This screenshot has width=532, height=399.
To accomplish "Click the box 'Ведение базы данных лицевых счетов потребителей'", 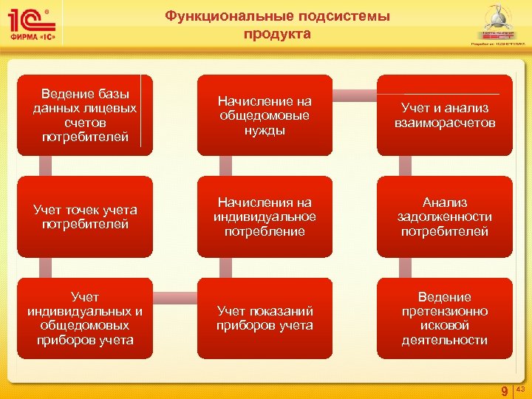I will pos(85,115).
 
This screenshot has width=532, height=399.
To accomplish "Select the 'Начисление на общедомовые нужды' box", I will pos(265,115).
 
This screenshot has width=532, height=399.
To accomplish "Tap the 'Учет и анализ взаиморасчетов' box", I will pos(444,115).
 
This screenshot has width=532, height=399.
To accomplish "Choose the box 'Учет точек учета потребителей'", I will pos(85,216).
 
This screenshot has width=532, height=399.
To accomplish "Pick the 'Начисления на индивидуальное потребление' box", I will pos(265,216).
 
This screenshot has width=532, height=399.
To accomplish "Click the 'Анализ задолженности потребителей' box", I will pos(444,216).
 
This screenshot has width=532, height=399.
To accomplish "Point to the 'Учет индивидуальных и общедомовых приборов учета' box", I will pos(85,318).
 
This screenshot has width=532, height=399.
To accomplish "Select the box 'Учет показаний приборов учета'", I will pos(265,318).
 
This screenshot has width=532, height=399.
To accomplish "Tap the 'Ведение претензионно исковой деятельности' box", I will pos(444,318).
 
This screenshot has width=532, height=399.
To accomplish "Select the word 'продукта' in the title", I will pos(277,34).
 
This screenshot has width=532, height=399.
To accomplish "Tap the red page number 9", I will pos(504,391).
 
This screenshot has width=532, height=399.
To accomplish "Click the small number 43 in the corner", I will pos(519,388).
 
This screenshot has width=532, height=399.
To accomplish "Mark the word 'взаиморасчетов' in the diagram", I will pos(445,123).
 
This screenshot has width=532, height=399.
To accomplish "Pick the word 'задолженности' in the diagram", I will pos(445,216).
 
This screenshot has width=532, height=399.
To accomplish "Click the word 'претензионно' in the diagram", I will pos(445,311).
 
